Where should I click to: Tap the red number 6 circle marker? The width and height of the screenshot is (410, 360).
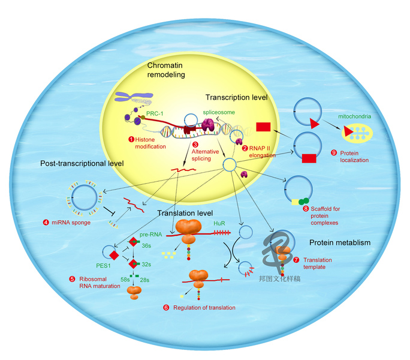166,308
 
